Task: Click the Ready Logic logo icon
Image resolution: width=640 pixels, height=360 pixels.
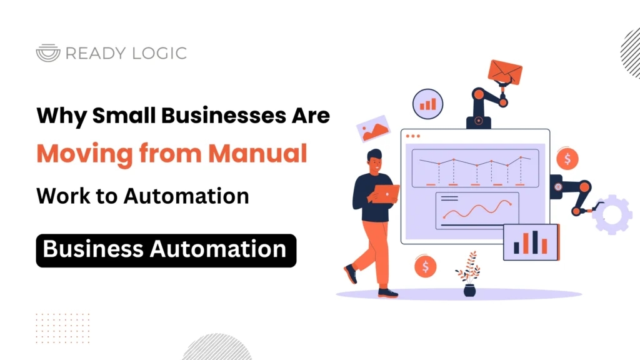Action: click(x=48, y=53)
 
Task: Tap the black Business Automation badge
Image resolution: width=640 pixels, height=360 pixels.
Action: click(x=166, y=250)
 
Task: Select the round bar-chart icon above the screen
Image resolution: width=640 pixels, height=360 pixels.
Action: click(x=427, y=103)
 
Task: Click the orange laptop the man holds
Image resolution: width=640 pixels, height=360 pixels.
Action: click(x=386, y=194)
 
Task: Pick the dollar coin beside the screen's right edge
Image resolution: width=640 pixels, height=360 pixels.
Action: click(x=567, y=159)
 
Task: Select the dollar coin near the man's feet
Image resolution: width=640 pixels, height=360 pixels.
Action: click(x=425, y=267)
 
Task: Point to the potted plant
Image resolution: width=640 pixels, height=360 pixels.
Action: click(x=468, y=275)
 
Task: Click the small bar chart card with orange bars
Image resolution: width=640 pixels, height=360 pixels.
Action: click(x=531, y=242)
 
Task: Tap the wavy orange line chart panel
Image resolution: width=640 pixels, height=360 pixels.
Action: click(x=477, y=210)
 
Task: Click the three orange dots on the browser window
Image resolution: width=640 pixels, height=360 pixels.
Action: click(x=413, y=136)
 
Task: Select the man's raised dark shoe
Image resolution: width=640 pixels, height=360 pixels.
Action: click(x=351, y=274)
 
